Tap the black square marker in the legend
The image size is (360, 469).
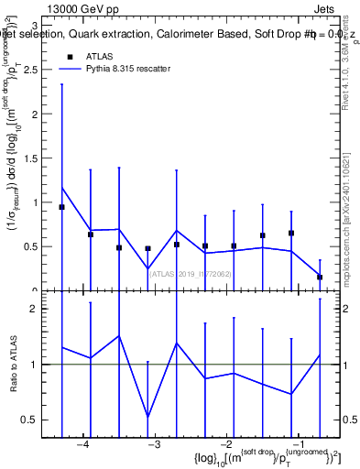click(x=70, y=56)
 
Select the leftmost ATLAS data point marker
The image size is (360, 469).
click(x=61, y=207)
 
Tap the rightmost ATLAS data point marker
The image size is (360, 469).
click(x=320, y=277)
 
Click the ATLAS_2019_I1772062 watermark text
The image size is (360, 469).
click(x=191, y=274)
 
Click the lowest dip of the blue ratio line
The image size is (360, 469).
click(x=147, y=417)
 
